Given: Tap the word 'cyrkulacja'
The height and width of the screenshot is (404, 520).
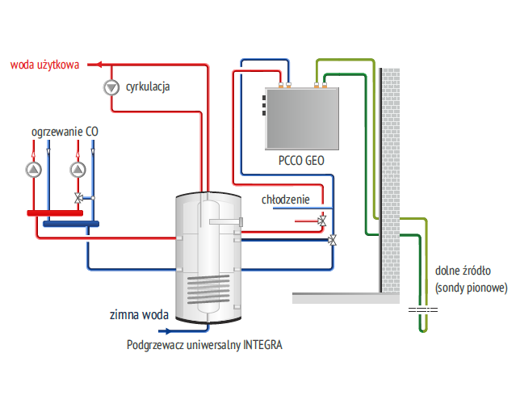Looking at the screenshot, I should pyautogui.click(x=148, y=86).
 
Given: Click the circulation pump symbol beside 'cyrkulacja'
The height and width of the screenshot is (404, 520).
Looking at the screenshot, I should pyautogui.click(x=110, y=86).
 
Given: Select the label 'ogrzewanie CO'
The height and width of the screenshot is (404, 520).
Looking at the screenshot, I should pyautogui.click(x=65, y=131).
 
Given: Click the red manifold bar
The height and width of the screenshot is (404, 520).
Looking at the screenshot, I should pyautogui.click(x=61, y=213).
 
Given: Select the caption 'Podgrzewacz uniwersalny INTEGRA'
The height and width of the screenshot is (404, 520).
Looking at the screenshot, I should pyautogui.click(x=204, y=345).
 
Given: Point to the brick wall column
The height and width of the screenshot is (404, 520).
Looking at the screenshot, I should pyautogui.click(x=390, y=178).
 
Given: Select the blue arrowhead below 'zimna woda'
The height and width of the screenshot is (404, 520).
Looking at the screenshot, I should pyautogui.click(x=169, y=330).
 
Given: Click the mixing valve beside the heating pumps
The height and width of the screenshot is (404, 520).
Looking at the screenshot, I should pyautogui.click(x=78, y=197).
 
